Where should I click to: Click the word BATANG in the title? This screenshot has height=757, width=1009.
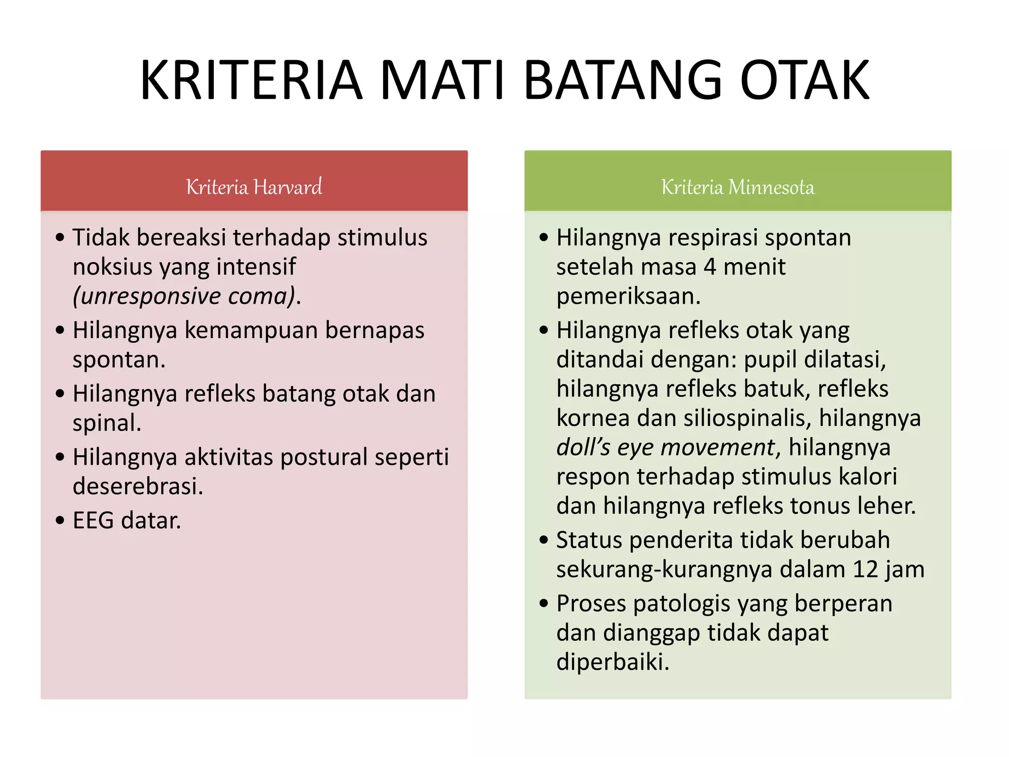click(622, 80)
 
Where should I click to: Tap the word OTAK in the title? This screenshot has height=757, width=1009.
click(805, 80)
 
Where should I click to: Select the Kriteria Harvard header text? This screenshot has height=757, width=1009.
click(254, 187)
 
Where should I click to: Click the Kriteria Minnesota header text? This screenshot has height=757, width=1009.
click(738, 187)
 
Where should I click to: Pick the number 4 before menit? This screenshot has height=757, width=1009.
click(710, 267)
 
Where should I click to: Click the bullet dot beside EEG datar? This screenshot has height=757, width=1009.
click(60, 520)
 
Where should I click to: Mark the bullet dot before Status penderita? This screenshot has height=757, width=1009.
click(544, 540)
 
